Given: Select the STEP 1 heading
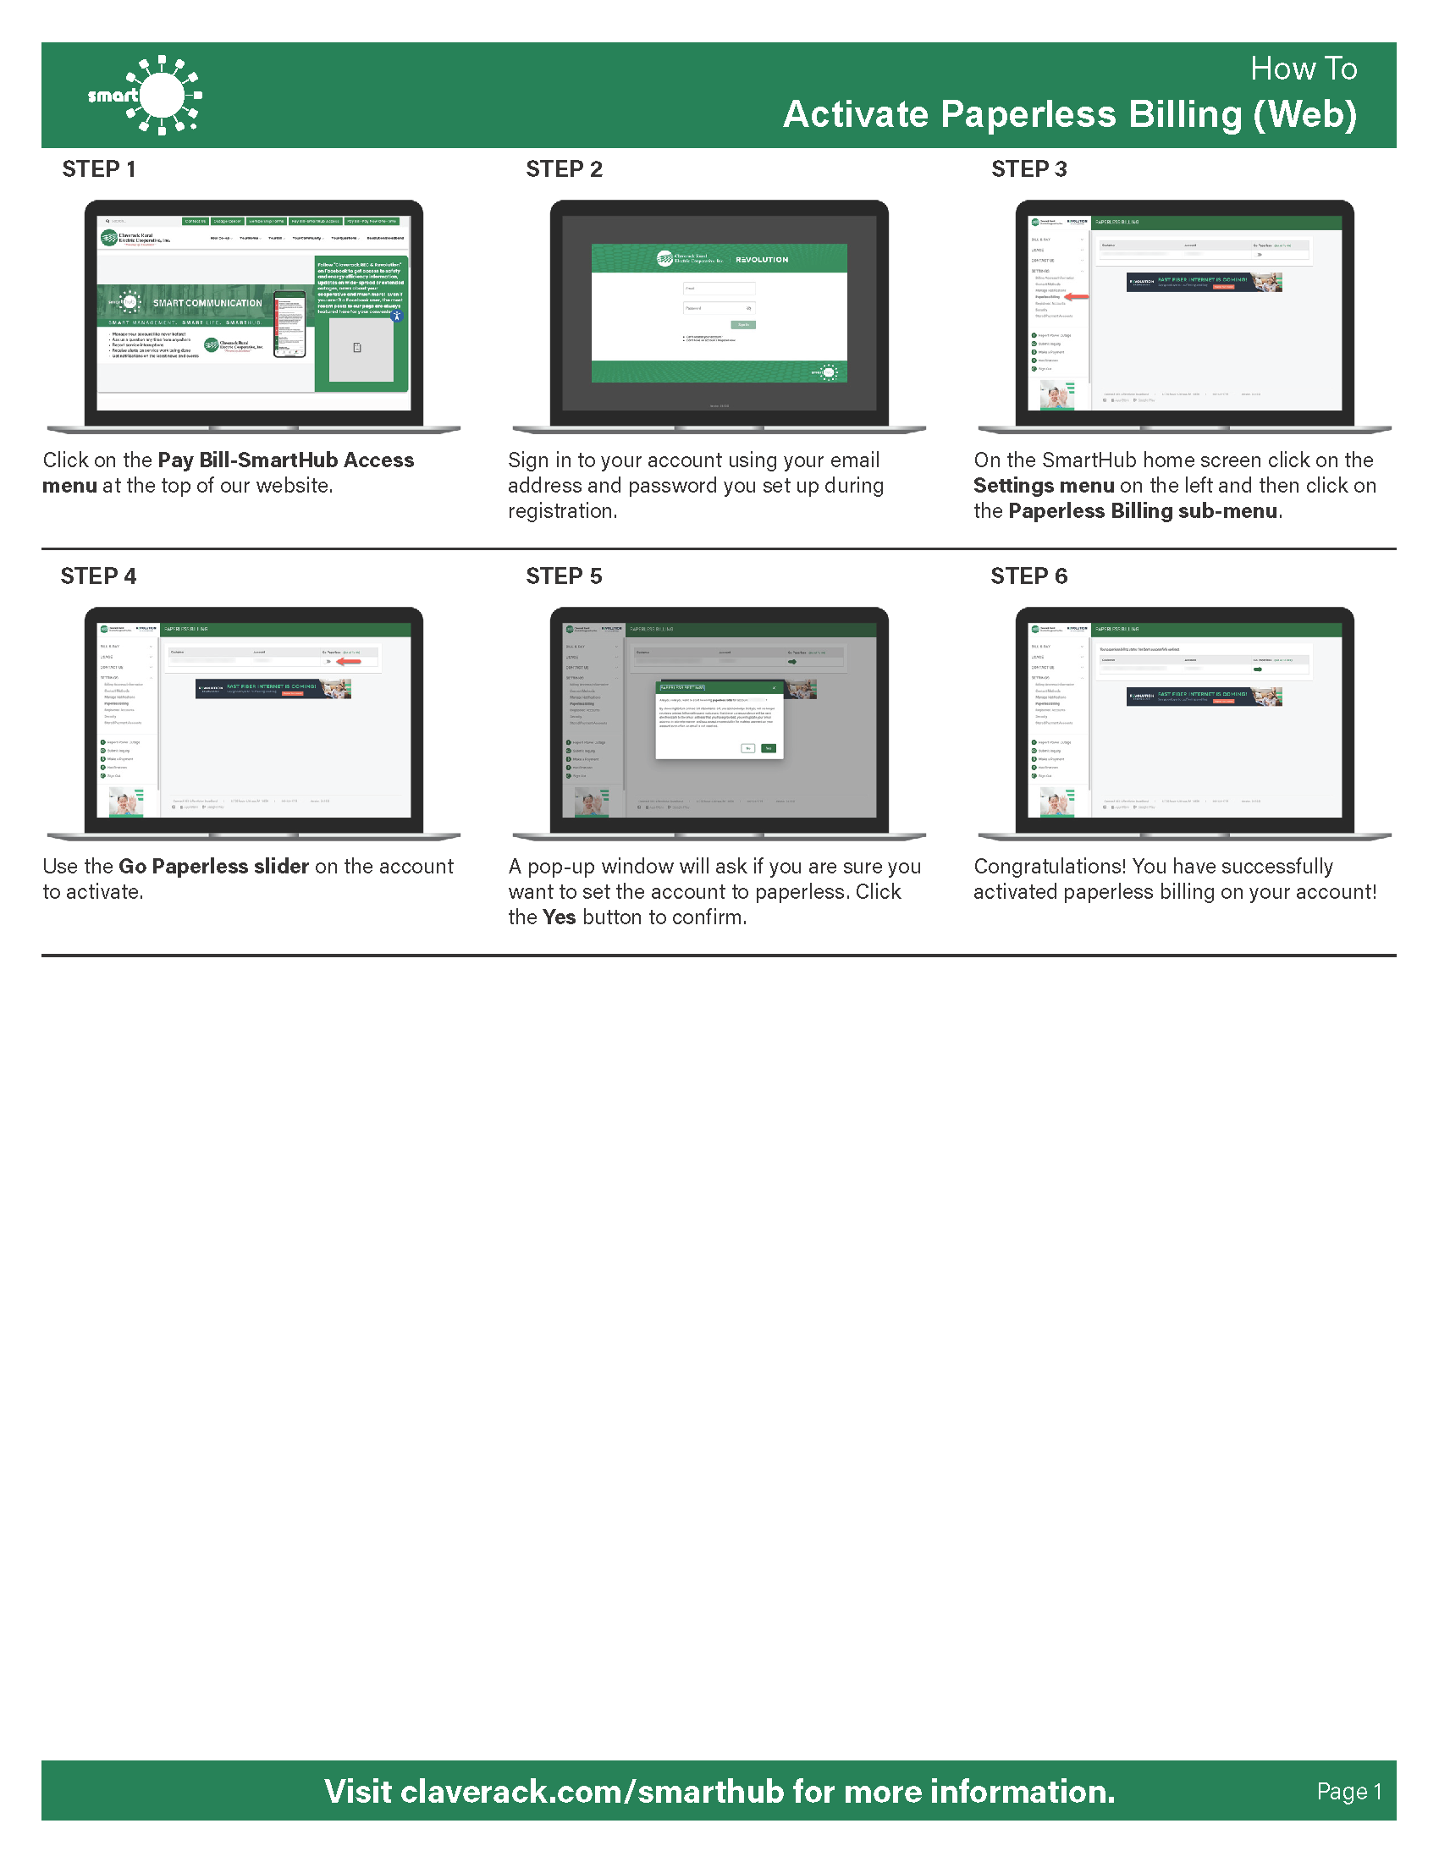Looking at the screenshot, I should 99,168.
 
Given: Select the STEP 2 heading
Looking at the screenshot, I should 564,168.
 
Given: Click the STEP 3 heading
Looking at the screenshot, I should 1029,168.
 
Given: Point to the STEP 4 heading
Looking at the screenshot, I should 98,576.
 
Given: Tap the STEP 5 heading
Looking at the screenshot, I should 564,576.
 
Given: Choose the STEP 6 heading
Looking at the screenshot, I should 1029,576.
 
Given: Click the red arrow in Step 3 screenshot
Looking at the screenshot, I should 1078,297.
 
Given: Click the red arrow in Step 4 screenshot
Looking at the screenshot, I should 349,661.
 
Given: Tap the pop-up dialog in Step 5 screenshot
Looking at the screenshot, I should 719,719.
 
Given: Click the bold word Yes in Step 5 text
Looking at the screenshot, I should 560,917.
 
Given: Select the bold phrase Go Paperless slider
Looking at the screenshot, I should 213,866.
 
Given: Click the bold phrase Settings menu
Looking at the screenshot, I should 1044,485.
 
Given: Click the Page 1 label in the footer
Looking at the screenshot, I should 1348,1791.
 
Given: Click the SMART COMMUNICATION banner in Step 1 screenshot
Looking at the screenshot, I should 207,303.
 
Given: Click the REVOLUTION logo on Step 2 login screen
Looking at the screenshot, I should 761,259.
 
